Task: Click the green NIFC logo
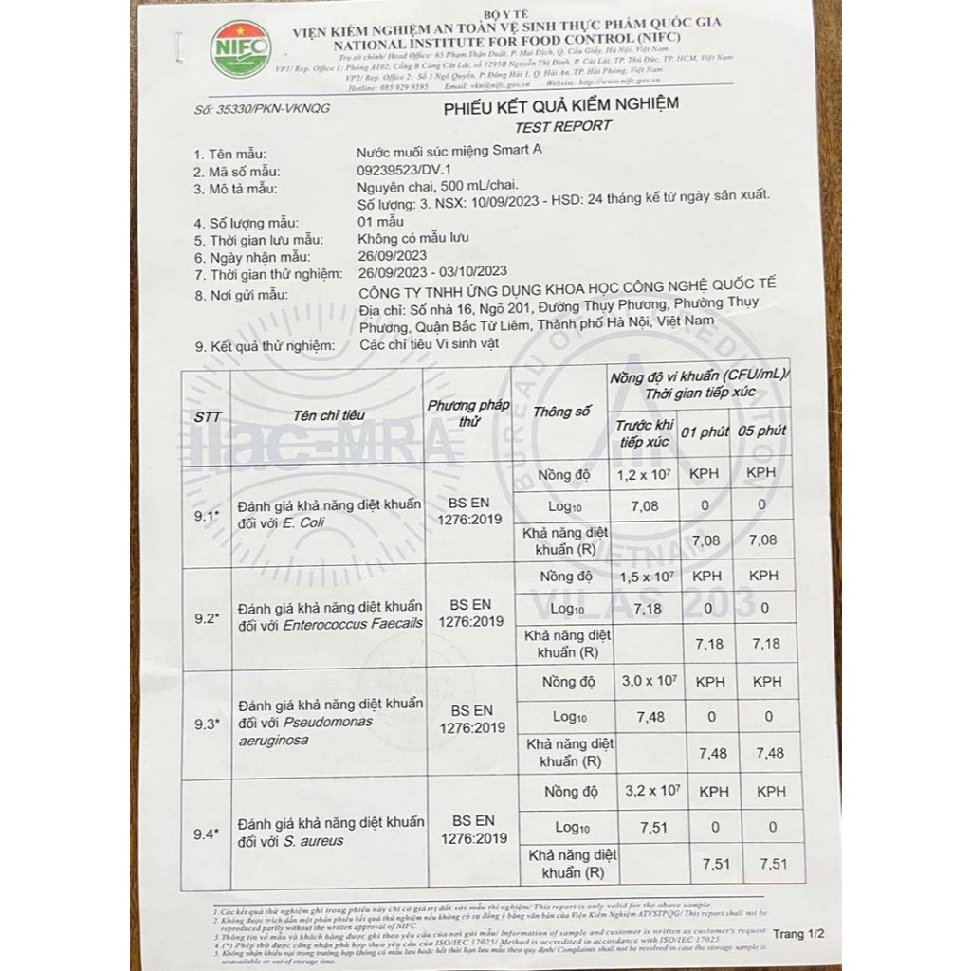[240, 48]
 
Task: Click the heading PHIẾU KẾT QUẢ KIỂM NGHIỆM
[561, 106]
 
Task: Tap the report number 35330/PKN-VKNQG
[261, 109]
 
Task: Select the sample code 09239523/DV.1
[408, 172]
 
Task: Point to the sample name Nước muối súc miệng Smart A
[452, 153]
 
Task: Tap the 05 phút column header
[761, 431]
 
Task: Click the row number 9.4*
[206, 834]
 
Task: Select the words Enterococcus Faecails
[359, 622]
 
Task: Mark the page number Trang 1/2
[798, 934]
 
